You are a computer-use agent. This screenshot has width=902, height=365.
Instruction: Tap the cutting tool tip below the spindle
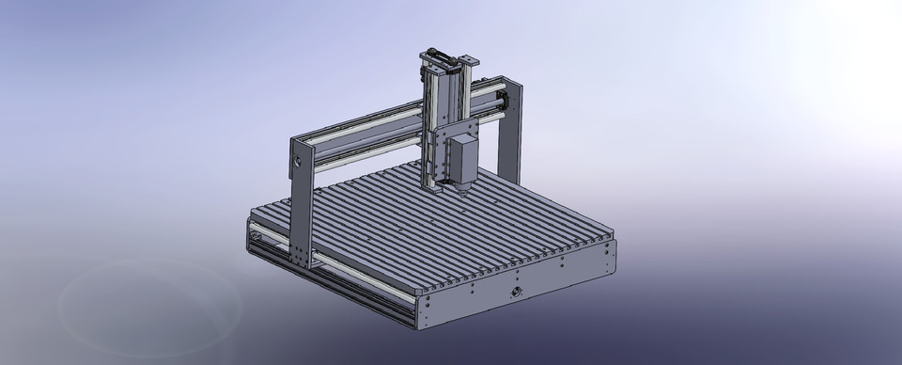pos(464,197)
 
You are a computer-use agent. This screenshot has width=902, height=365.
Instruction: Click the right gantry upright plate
pos(510,132)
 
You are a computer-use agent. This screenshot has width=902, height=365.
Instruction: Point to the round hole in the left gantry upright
pos(299,161)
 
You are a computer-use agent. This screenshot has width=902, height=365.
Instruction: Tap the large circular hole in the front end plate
pos(516,295)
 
